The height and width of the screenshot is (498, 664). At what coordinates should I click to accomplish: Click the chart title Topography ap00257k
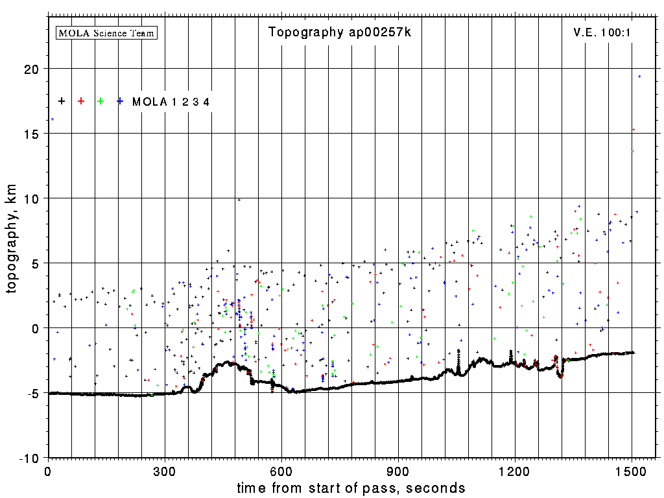[340, 32]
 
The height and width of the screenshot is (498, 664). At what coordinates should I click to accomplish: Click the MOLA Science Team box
[107, 32]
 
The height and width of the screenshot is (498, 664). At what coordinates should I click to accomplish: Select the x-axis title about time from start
[351, 488]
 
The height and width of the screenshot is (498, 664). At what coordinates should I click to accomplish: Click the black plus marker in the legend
[62, 101]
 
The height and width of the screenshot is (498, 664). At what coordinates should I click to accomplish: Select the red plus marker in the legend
[81, 101]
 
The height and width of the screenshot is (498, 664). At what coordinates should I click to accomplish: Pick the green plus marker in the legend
[101, 101]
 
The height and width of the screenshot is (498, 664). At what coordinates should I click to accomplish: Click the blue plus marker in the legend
[120, 101]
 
